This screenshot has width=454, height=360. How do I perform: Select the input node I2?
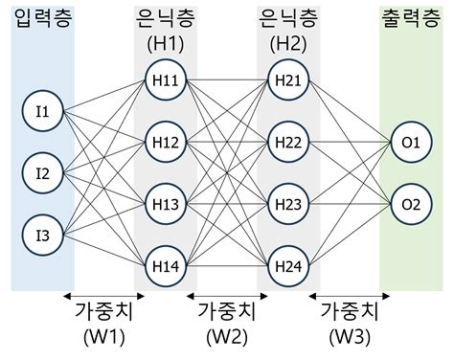pos(42,174)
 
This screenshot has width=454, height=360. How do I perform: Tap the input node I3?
pos(42,235)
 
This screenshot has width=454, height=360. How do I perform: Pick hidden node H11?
pos(165,80)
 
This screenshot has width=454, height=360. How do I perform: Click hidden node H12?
pos(165,142)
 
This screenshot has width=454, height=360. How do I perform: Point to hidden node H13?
pos(165,203)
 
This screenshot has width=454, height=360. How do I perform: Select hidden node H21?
pos(288,80)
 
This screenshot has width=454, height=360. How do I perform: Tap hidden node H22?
pos(288,142)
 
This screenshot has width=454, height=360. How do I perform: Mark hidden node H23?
pos(288,203)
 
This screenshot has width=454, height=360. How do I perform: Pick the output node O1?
pos(412,143)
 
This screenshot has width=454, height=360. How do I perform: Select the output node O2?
pos(412,203)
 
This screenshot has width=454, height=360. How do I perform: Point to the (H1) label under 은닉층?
pos(165,44)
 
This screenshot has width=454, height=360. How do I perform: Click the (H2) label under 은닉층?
pos(288,44)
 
